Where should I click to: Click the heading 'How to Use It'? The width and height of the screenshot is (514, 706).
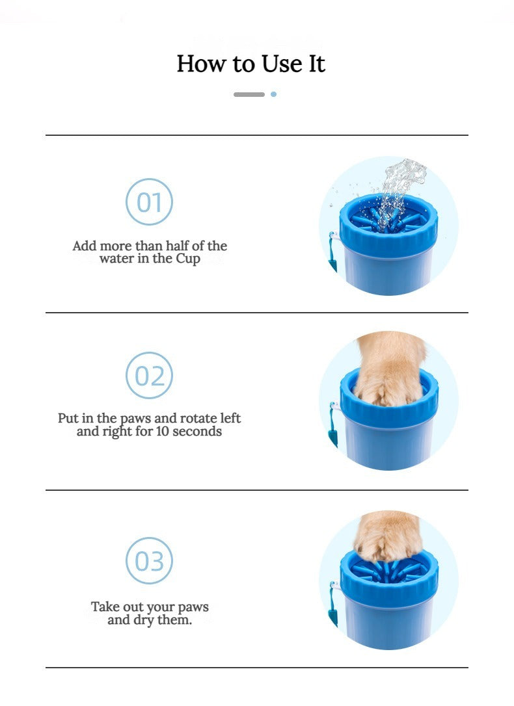point(250,64)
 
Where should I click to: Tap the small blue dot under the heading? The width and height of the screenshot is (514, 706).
point(273,94)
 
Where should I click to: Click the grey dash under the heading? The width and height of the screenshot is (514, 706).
point(249,94)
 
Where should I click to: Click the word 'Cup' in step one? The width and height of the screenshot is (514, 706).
point(188,259)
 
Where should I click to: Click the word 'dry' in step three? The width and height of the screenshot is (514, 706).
point(143,620)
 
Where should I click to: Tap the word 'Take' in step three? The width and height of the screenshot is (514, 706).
point(105,607)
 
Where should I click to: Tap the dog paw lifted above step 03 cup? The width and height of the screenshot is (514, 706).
point(387,537)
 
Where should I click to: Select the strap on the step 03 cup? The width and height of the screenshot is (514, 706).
point(333,604)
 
